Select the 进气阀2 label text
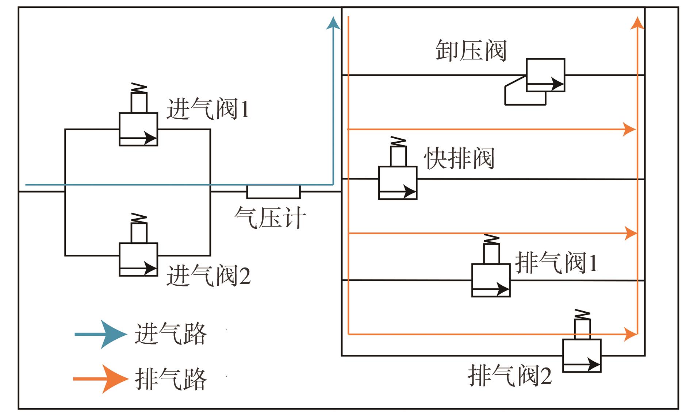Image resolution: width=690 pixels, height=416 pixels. [208, 276]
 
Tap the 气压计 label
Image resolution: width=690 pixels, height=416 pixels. [270, 218]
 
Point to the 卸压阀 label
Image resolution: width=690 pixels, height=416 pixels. [471, 50]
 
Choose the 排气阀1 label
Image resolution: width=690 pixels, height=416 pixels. [556, 262]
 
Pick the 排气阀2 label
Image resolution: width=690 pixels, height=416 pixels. [510, 375]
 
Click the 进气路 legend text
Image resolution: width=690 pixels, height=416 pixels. [170, 334]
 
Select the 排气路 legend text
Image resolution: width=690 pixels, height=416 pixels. [170, 379]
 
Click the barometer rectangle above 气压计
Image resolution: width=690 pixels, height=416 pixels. [273, 192]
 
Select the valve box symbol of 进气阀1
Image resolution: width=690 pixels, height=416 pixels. [138, 130]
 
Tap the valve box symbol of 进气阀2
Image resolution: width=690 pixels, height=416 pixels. [138, 259]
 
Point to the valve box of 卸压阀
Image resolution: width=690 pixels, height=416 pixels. [545, 75]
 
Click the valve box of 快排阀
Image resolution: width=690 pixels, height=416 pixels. [398, 183]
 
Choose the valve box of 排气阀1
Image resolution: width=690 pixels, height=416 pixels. [491, 280]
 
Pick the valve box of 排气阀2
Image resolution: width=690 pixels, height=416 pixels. [582, 356]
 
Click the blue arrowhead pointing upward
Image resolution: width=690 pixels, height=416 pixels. [333, 23]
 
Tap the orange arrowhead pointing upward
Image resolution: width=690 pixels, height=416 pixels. [637, 23]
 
